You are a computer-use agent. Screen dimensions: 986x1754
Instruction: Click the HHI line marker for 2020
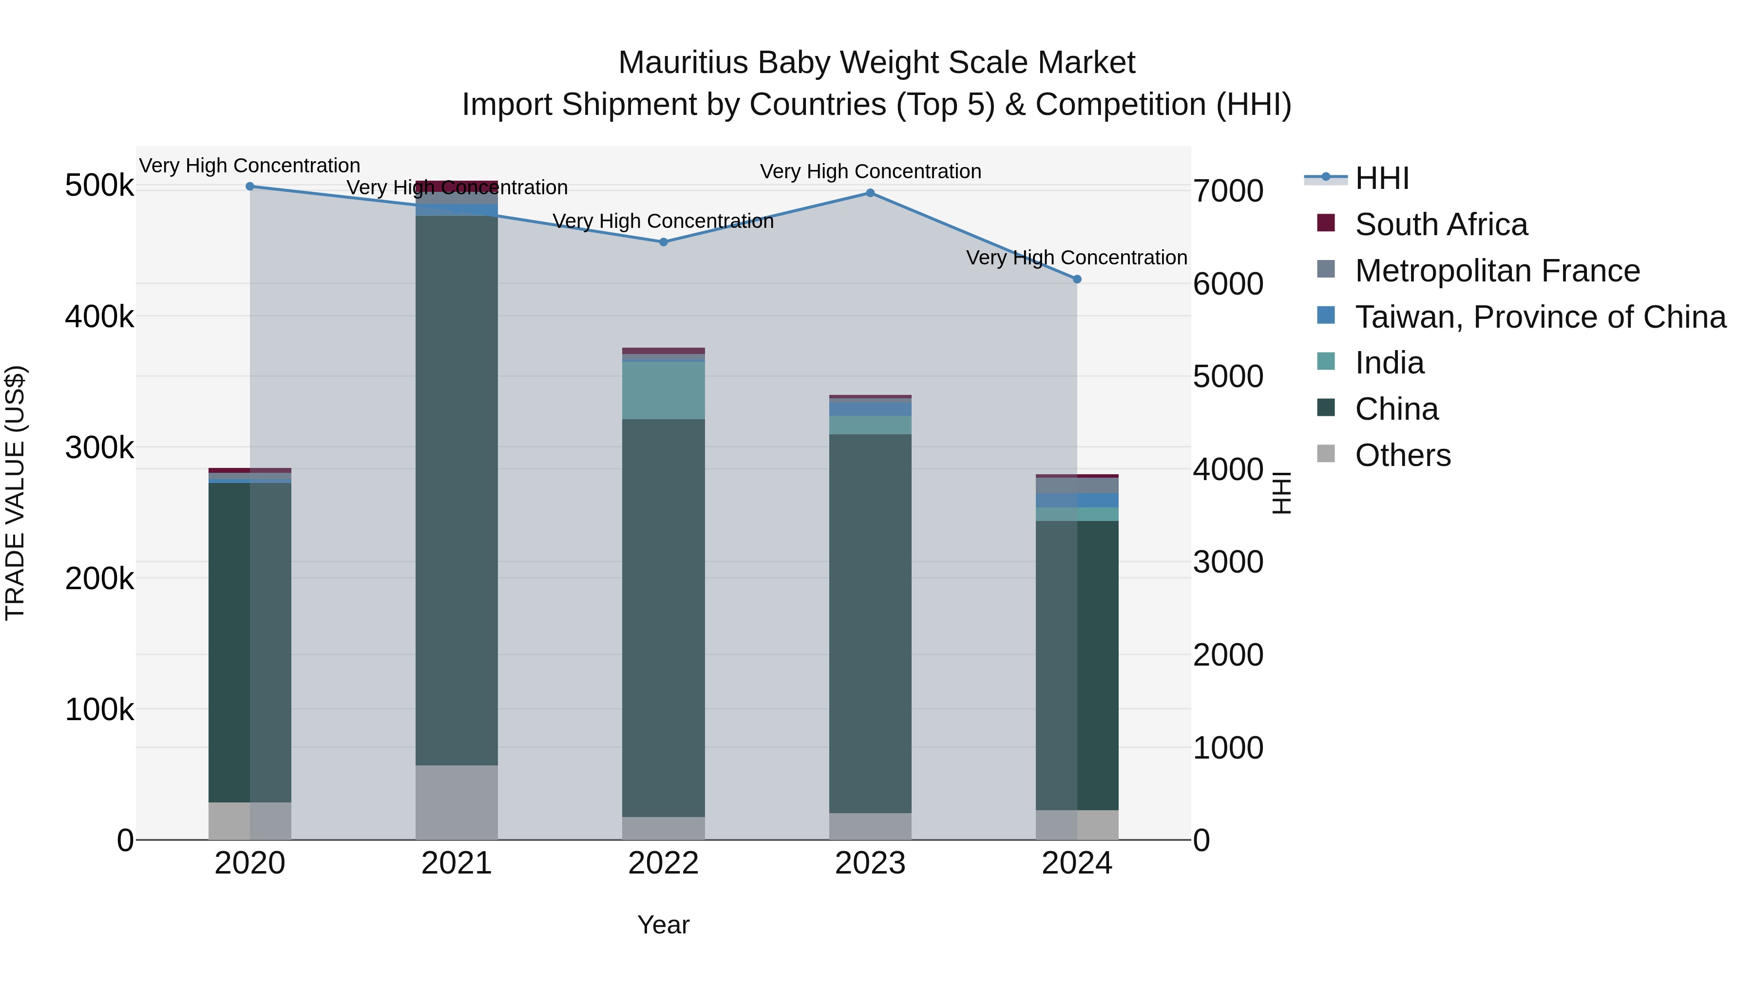pos(250,186)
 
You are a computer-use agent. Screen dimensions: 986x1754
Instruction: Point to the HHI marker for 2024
pos(1076,279)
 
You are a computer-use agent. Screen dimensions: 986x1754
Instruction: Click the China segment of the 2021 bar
pos(456,490)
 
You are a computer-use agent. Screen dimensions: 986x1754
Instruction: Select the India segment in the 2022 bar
pos(663,391)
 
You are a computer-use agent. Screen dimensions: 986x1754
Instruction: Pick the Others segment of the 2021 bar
pos(456,803)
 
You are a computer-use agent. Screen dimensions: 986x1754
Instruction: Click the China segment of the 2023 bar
pos(870,623)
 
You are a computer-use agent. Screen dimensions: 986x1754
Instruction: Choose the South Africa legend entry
pos(1441,224)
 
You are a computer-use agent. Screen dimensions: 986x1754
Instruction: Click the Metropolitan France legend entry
pos(1497,271)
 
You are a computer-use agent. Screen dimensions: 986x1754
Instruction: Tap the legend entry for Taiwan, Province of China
pos(1540,317)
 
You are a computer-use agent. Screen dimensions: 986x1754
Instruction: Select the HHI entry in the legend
pos(1382,178)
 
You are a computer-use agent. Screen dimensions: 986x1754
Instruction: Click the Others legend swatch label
pos(1403,455)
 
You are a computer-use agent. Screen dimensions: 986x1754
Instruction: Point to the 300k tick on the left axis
pos(99,448)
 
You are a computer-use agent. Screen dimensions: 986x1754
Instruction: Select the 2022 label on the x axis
pos(663,863)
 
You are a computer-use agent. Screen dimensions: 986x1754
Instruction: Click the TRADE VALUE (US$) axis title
pos(15,493)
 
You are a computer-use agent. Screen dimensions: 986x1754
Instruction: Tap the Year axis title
pos(663,925)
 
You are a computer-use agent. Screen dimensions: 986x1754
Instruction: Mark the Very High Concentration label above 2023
pos(870,171)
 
